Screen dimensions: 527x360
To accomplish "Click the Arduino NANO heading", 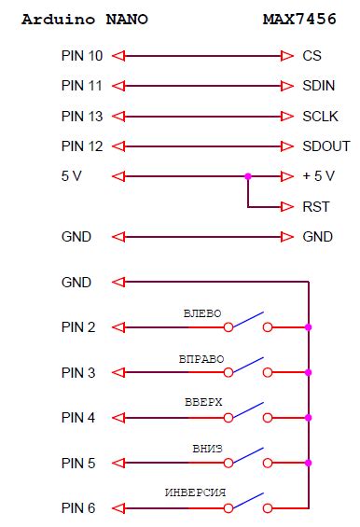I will tap(84, 19).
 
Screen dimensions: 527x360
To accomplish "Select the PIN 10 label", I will tap(82, 56).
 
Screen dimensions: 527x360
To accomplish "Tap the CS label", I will tap(312, 56).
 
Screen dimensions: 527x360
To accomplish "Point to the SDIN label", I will tap(319, 86).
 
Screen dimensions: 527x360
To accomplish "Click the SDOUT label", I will tap(326, 146).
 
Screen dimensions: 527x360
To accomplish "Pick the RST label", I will tap(317, 207).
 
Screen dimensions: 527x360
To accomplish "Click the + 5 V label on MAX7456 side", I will tap(319, 176).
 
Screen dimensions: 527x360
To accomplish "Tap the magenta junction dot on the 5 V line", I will tap(247, 176).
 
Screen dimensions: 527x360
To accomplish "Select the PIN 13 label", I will tap(82, 117).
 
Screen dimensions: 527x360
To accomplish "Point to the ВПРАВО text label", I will tap(201, 358).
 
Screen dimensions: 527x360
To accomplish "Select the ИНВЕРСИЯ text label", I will tap(196, 493).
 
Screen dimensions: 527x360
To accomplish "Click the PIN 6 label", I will tap(78, 508).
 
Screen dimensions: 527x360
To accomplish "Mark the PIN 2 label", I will tap(78, 327).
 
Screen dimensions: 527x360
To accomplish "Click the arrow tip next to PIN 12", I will tap(116, 146).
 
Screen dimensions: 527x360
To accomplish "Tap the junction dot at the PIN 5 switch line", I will tap(309, 463).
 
